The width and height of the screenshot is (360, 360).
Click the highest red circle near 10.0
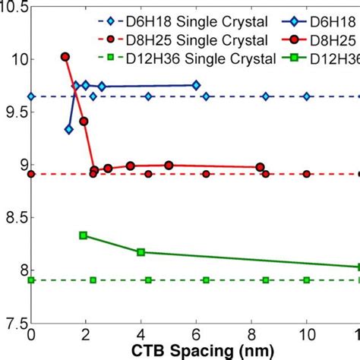point(65,57)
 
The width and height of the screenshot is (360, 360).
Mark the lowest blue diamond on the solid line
point(69,130)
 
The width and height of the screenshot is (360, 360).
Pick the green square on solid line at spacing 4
point(141,251)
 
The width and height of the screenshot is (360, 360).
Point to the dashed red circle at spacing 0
point(31,174)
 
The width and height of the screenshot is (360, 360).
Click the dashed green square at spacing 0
point(31,280)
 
